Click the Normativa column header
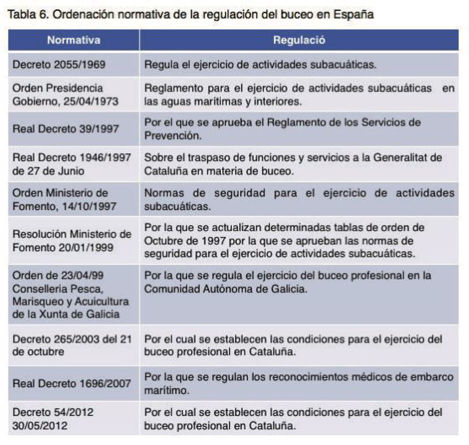(x=73, y=41)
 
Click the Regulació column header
(x=299, y=41)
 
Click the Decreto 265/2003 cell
(x=72, y=345)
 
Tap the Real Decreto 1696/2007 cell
(x=72, y=383)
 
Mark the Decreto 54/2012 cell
(x=53, y=418)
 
